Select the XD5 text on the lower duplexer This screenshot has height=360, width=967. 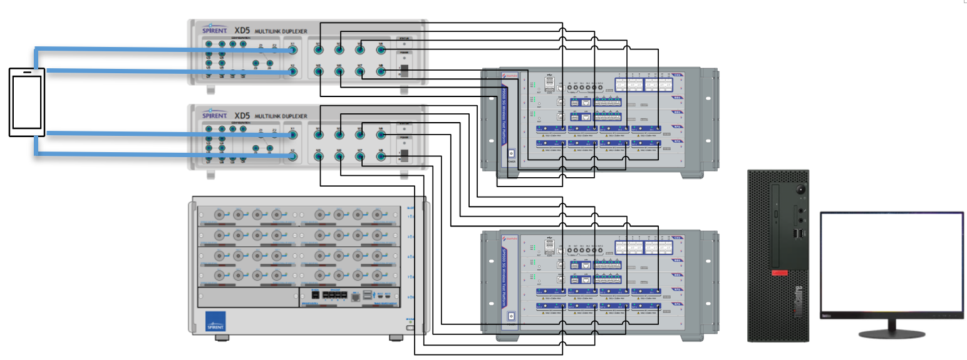pyautogui.click(x=242, y=116)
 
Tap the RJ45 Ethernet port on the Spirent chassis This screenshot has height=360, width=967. pyautogui.click(x=356, y=296)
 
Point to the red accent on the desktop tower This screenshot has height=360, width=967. pyautogui.click(x=779, y=273)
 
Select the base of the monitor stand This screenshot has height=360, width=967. pyautogui.click(x=892, y=332)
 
